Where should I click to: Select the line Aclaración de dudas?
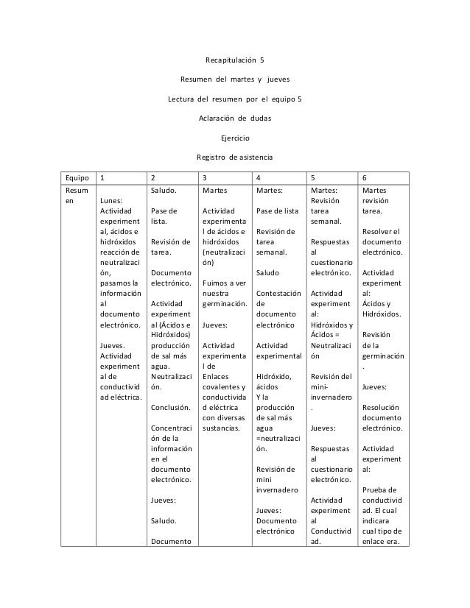tap(234, 118)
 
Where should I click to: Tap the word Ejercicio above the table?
tap(234, 137)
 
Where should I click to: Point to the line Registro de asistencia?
tap(234, 157)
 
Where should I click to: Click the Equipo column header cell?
tap(76, 177)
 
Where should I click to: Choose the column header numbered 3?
tap(205, 177)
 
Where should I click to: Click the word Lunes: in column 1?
tap(113, 199)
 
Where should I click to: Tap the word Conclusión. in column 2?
tap(170, 406)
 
